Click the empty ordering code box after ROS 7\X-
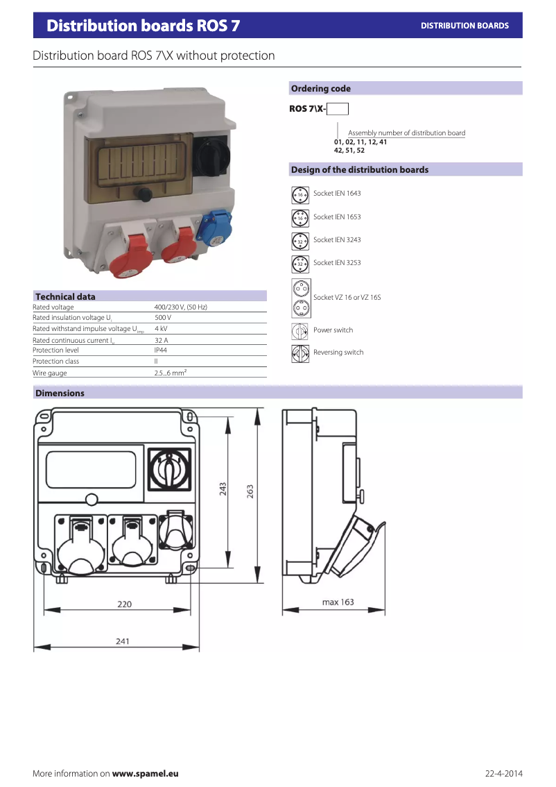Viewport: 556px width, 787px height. [338, 109]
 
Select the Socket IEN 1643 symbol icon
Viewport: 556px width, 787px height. [300, 195]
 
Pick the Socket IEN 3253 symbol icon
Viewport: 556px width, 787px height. [300, 264]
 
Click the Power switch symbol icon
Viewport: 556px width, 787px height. [299, 331]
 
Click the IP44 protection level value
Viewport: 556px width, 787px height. [160, 350]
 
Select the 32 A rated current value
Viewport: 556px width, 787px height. [161, 340]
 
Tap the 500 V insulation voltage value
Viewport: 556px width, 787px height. [162, 318]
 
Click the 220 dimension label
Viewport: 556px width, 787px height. [124, 604]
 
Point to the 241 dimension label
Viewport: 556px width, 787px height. [122, 641]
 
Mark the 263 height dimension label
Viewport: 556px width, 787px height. [250, 491]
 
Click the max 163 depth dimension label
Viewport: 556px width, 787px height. [338, 602]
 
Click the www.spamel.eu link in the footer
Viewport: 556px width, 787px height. [145, 773]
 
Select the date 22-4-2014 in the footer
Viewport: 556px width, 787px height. [503, 773]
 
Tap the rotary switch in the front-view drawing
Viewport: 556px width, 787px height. [169, 469]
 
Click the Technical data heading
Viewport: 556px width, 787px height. [65, 296]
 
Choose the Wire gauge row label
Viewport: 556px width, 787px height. [50, 373]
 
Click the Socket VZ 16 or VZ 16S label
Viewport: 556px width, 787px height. [347, 298]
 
